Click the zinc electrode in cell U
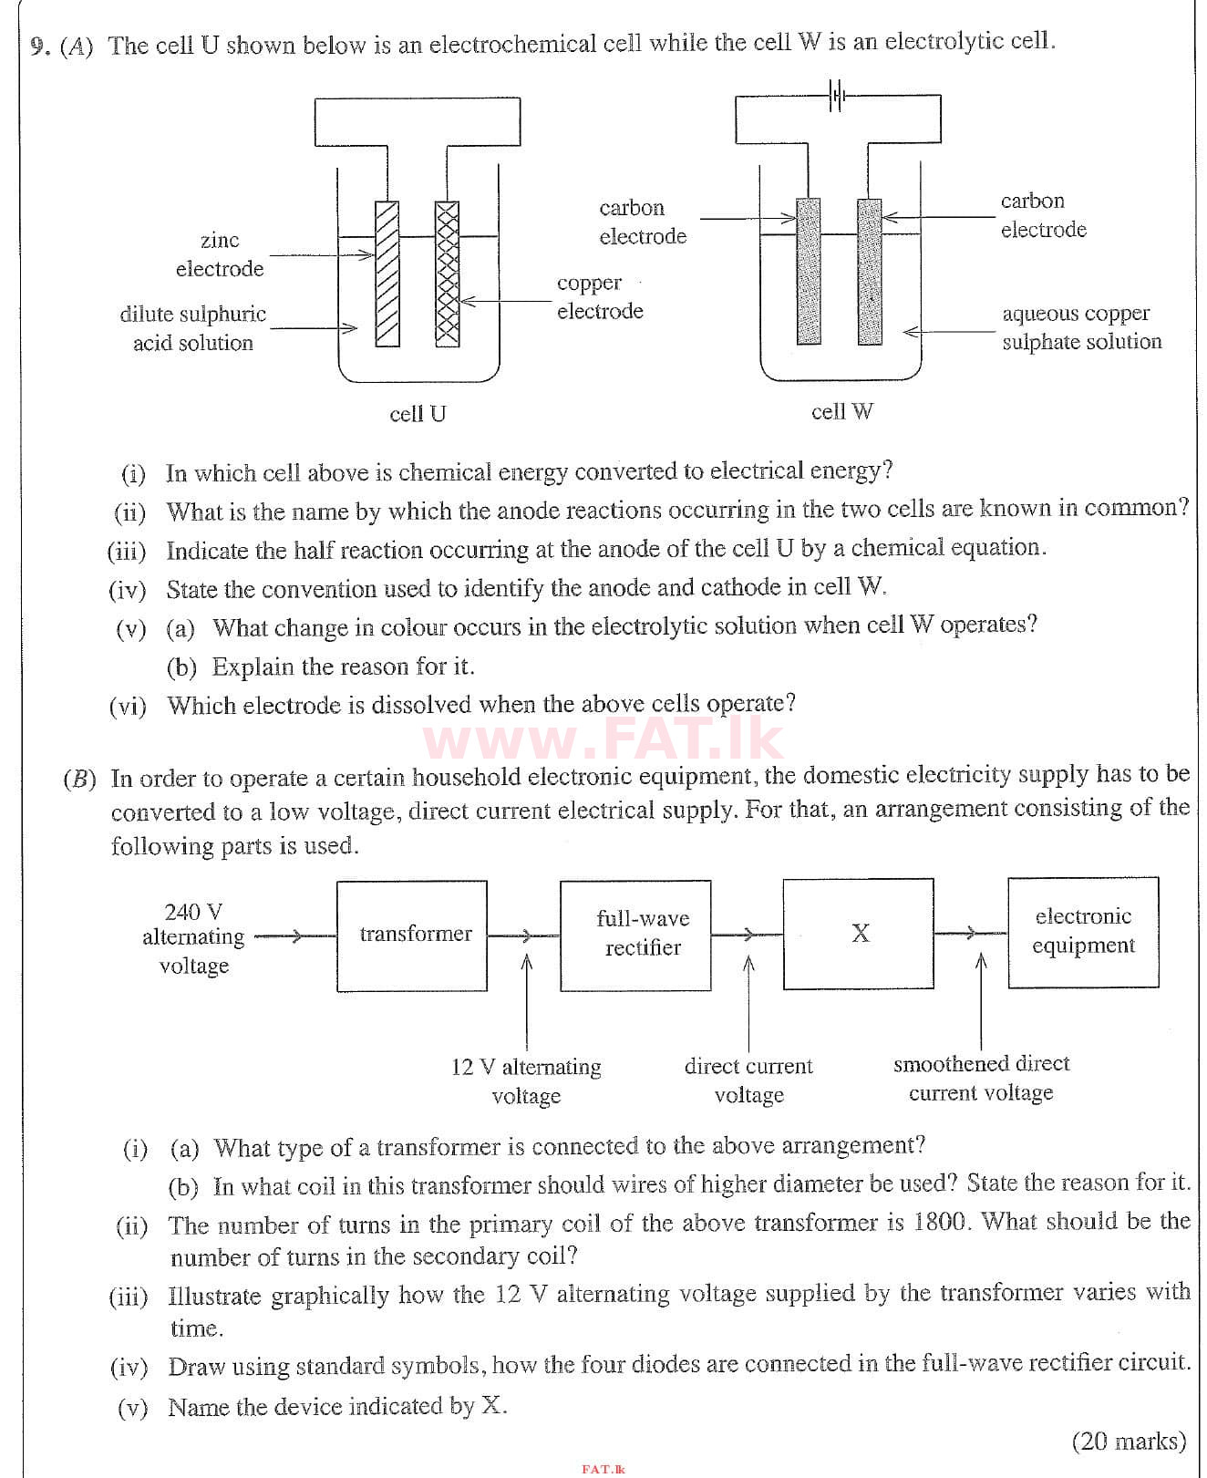[x=387, y=274]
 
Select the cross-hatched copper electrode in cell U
[x=447, y=274]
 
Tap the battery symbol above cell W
[x=838, y=95]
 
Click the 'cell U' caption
[x=418, y=414]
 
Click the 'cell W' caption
[x=841, y=412]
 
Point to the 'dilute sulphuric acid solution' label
[x=193, y=328]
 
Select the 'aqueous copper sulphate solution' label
[x=1081, y=327]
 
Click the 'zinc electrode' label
[x=220, y=254]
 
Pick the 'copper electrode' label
[x=599, y=297]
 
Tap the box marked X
[x=858, y=934]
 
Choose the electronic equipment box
[x=1083, y=932]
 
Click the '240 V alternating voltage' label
[x=193, y=938]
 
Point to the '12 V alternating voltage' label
[x=526, y=1080]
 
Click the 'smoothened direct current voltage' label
[x=981, y=1078]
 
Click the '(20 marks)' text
[x=1129, y=1441]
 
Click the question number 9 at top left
[x=38, y=46]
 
